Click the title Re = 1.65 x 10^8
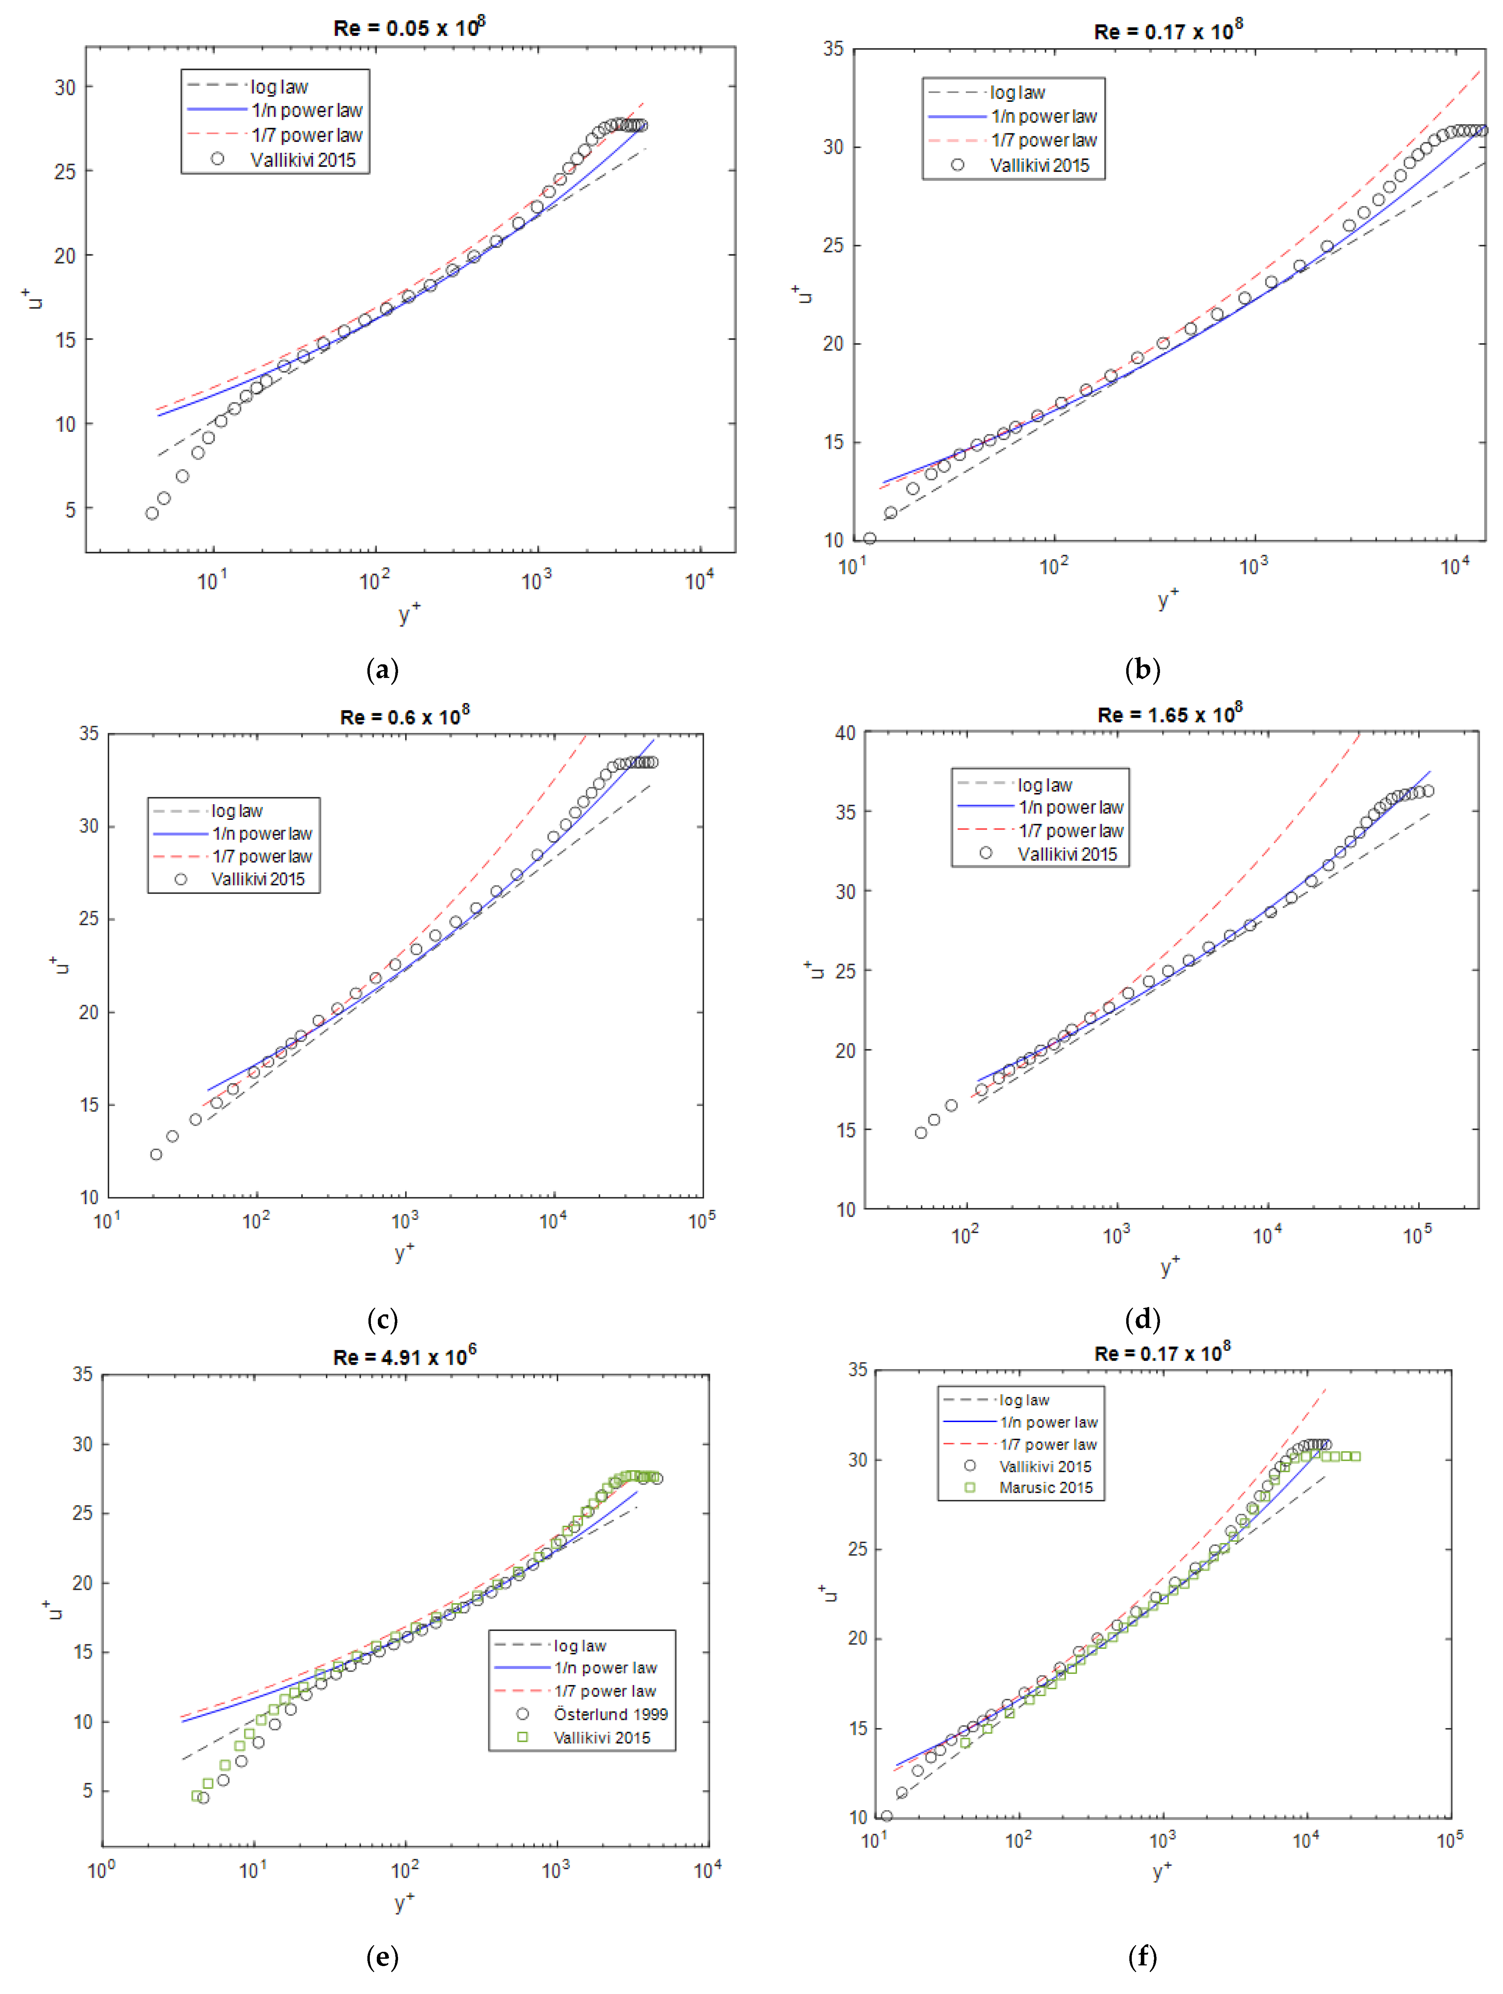tap(1169, 715)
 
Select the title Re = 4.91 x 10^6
tap(404, 1357)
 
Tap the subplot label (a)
tap(382, 670)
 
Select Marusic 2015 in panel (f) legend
tap(1045, 1487)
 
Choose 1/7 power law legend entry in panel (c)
tap(261, 856)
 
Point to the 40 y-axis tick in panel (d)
tap(845, 733)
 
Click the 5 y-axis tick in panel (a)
tap(69, 509)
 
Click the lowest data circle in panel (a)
tap(152, 513)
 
